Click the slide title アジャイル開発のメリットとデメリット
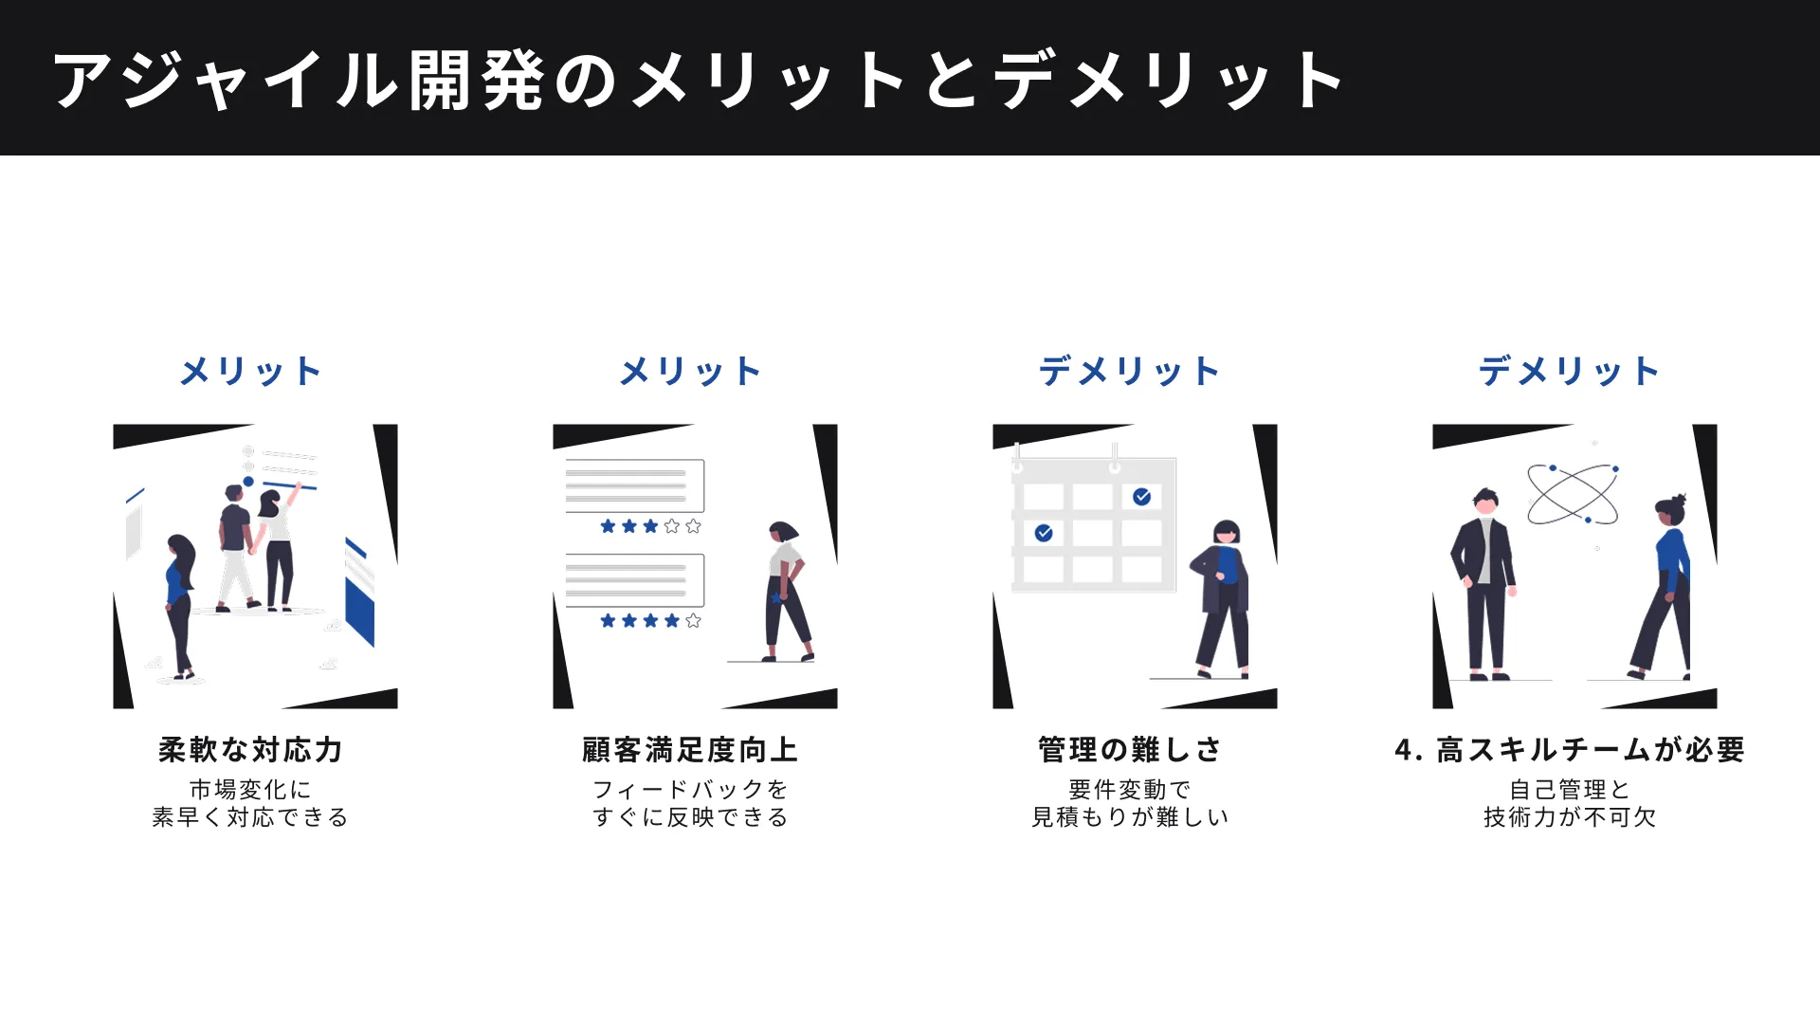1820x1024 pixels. [698, 80]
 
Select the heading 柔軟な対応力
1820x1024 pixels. [250, 750]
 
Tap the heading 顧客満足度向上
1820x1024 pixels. [690, 750]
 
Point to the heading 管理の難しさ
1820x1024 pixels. [1130, 750]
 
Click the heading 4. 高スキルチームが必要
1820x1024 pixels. [1570, 750]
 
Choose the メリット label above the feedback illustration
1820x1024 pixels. [690, 371]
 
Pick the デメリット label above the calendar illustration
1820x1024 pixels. [1130, 371]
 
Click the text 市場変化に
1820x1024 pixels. [250, 789]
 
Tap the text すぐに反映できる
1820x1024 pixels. [690, 817]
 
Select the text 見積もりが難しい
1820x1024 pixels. [1130, 817]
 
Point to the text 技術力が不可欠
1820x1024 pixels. [1570, 817]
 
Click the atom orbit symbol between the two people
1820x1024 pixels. [1573, 494]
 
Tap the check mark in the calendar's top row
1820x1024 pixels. [1142, 497]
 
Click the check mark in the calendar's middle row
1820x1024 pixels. [1044, 533]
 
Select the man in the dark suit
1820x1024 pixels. [1484, 583]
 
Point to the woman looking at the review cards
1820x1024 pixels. [787, 593]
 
